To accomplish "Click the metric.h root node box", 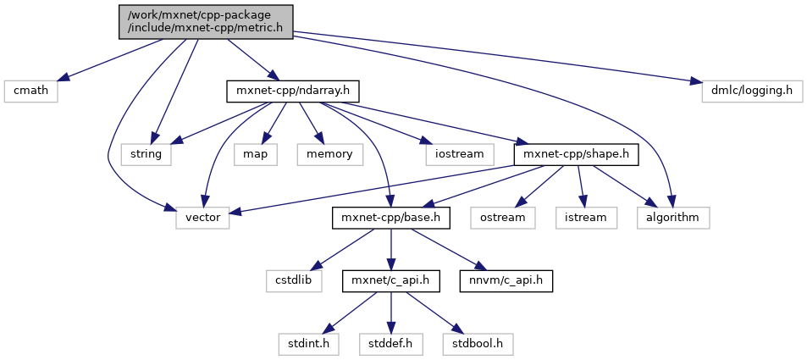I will [206, 21].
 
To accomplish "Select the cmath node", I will [30, 91].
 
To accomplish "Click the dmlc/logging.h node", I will [751, 91].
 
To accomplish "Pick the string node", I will [146, 154].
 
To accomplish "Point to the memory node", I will [329, 154].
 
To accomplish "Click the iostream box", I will [455, 154].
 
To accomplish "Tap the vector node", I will [202, 218].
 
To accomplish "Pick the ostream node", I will [509, 218].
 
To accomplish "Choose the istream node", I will [583, 218].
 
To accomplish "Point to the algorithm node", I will [673, 218].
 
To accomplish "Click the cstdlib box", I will [296, 281].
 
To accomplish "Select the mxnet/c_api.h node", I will [390, 281].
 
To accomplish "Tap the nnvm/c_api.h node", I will [506, 281].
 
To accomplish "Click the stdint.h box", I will [307, 345].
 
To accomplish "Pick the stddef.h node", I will [390, 345].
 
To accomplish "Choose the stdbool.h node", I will [477, 345].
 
